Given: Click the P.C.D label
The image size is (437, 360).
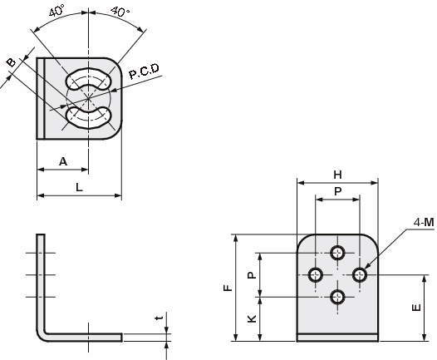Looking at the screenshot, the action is coord(144,72).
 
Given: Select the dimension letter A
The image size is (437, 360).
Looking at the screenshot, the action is coord(63,161).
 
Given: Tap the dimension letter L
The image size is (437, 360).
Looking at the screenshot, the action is coord(80,187).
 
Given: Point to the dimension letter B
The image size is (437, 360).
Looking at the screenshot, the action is coord(12,62).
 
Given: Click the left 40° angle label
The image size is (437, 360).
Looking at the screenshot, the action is coord(57,11).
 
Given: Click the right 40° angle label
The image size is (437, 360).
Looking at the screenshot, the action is coord(120,12).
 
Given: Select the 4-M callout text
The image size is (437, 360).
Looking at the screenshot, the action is coord(424,222).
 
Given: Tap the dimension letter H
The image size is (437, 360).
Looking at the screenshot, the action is coord(337,175).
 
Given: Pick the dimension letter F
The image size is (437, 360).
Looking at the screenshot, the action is coord(228,288).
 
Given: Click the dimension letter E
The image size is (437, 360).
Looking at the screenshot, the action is coord(416,308).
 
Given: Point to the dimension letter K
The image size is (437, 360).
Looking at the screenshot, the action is coord(252,318).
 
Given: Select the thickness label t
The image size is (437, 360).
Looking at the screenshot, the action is coord(160,318).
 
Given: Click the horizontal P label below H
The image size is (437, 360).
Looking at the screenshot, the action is coord(337,191).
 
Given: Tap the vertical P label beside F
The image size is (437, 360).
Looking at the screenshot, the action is coord(252,275).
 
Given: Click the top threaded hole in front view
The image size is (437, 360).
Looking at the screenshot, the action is coord(337,254).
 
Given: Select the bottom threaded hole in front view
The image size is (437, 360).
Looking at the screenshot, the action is coord(337,297).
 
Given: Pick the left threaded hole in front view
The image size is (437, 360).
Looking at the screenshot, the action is coord(316,275).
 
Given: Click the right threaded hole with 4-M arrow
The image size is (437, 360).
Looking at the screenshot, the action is coord(360,275).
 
